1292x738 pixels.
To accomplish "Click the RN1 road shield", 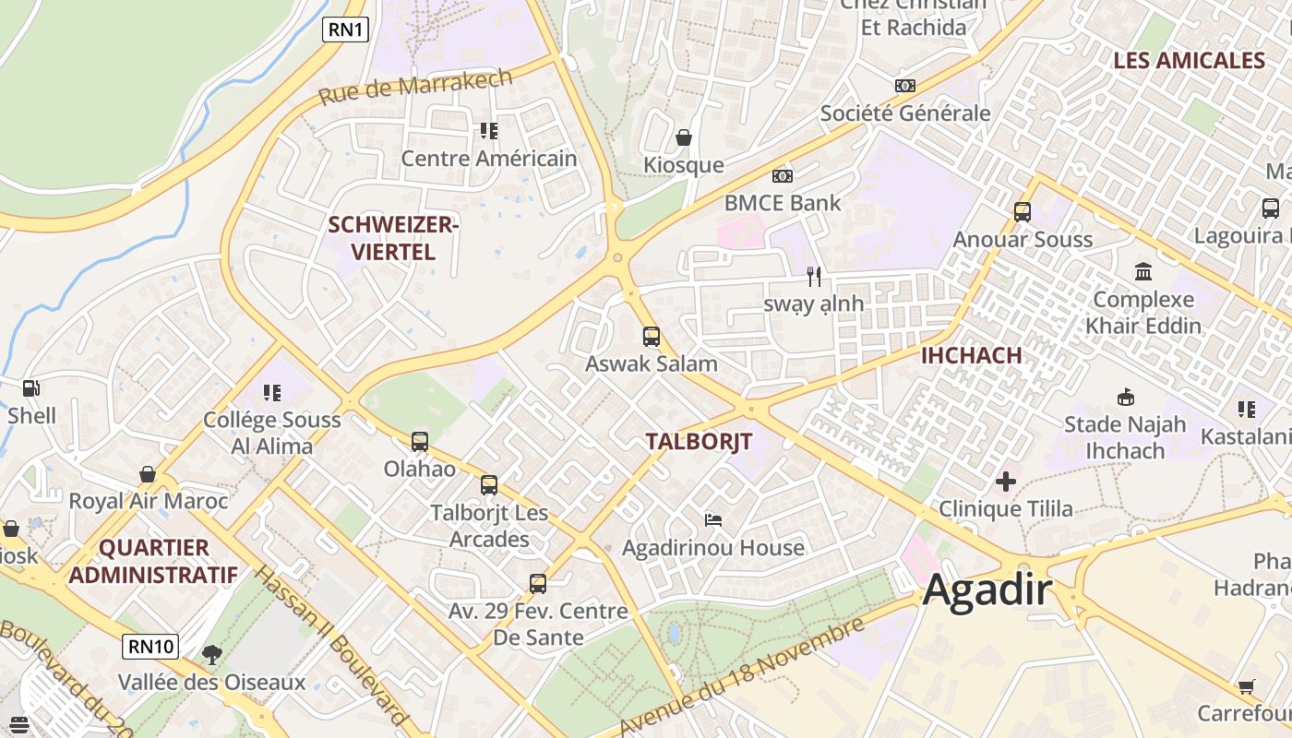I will [346, 30].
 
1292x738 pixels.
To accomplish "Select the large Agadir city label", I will [987, 589].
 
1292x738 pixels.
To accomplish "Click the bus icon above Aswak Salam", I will [652, 337].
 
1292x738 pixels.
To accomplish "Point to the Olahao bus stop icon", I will [420, 442].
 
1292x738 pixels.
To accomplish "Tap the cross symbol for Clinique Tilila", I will [1006, 482].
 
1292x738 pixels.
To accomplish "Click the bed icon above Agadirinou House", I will [713, 520].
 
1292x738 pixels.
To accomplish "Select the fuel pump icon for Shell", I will [31, 388].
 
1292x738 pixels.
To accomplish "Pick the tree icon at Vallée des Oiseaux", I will [212, 655].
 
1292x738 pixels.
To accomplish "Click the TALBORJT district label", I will [699, 441].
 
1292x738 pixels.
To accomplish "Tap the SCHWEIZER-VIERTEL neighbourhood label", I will [394, 238].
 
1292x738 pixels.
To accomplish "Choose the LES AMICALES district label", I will [1189, 61].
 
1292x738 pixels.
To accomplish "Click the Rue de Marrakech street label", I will [415, 87].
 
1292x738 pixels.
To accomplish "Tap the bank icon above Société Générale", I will [905, 86].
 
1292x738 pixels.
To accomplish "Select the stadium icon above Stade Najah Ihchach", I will [1125, 398].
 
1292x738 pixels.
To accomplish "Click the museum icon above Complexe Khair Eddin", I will [1143, 272].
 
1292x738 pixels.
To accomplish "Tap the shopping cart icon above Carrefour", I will [1247, 686].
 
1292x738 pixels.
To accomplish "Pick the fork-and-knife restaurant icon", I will [814, 276].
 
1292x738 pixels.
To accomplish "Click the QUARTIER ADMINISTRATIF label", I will [153, 561].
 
